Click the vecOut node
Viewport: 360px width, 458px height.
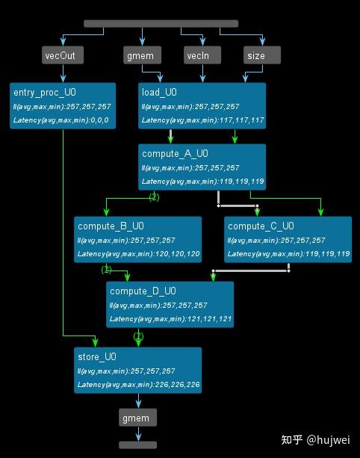click(63, 55)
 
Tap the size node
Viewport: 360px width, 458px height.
click(262, 55)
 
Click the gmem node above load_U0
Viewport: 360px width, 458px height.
click(142, 55)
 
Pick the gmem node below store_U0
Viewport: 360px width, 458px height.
click(137, 418)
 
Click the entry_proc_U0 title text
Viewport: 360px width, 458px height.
click(44, 93)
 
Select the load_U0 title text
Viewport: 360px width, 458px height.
click(159, 93)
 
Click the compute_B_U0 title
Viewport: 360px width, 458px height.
click(111, 226)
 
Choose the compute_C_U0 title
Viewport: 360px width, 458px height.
click(261, 226)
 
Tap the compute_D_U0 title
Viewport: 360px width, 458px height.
click(143, 291)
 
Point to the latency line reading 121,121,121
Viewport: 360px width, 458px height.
click(170, 319)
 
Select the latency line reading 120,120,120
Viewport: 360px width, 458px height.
click(138, 254)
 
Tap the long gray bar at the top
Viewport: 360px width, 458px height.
click(161, 24)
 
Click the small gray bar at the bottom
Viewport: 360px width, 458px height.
click(137, 445)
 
